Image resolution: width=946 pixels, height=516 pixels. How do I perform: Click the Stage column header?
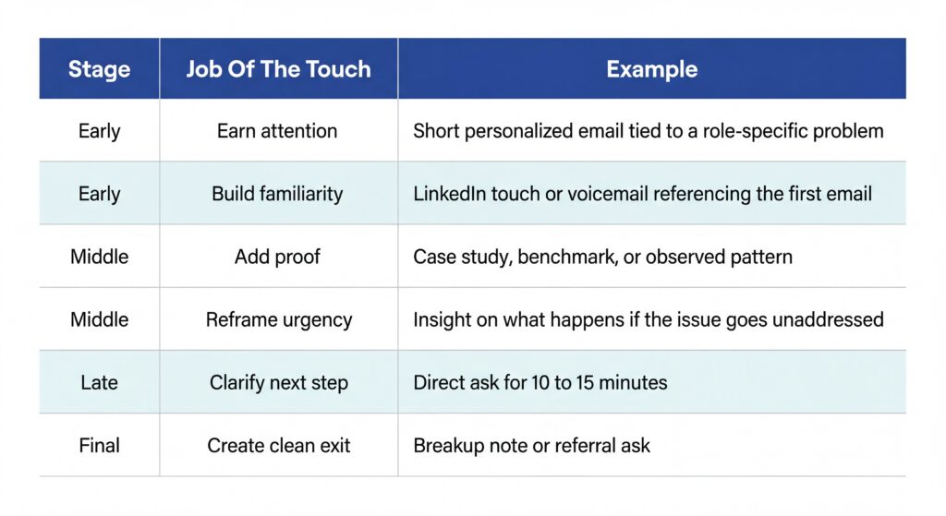99,69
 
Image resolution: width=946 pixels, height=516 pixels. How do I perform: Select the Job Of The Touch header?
278,69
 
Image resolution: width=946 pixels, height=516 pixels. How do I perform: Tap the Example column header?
651,69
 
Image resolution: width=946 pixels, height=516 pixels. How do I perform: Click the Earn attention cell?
277,131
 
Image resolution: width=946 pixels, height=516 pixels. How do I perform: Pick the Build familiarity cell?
277,194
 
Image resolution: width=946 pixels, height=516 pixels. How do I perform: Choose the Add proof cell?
277,257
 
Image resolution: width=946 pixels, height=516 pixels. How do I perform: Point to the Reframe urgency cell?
278,319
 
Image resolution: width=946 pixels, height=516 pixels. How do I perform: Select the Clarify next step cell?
278,382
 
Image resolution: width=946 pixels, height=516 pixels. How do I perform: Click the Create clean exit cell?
278,445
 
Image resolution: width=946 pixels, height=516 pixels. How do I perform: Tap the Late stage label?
99,382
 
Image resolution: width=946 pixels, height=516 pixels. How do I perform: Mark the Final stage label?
99,445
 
